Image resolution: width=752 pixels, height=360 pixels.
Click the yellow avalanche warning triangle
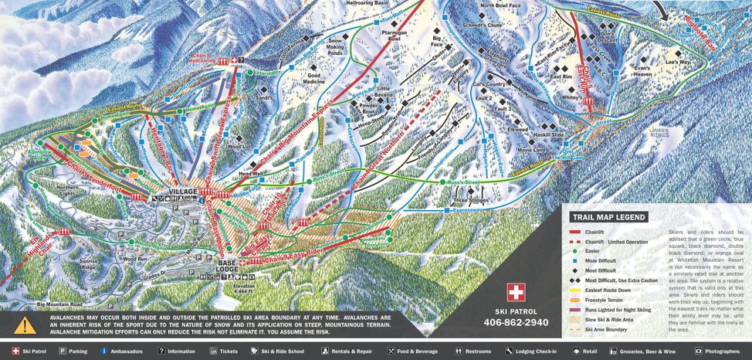coord(25,325)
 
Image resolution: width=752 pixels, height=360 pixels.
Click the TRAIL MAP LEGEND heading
coord(608,218)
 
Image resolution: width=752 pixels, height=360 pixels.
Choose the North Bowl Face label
coord(505,5)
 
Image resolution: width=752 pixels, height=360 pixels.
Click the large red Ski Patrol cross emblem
coord(515,293)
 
